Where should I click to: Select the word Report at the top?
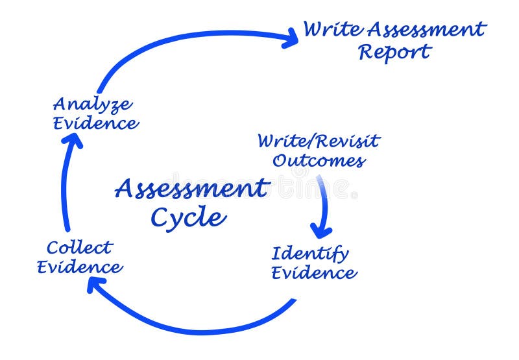(x=394, y=52)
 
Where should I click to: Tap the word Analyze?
(x=92, y=104)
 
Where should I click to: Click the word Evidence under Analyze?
(x=95, y=123)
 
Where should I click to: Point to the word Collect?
(x=79, y=247)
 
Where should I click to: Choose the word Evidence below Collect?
(x=79, y=267)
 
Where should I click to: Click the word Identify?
(x=309, y=253)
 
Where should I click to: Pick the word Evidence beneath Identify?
(x=314, y=272)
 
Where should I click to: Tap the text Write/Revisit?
(x=318, y=141)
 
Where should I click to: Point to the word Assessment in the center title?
(x=191, y=189)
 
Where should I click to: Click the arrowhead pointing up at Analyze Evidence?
(x=74, y=143)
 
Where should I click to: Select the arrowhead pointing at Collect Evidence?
(x=97, y=285)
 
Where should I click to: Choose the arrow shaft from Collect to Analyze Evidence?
(x=66, y=188)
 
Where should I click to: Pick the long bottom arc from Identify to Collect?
(x=195, y=328)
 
